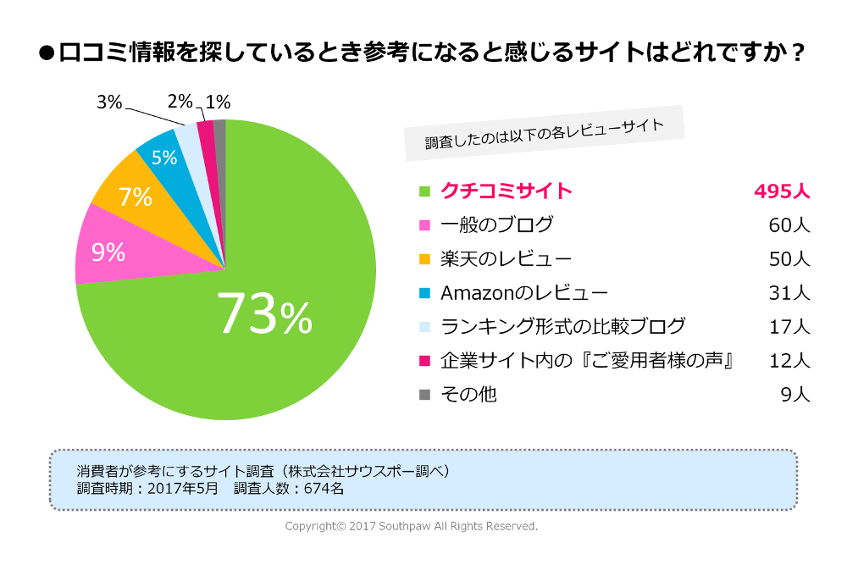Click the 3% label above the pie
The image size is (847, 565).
[109, 102]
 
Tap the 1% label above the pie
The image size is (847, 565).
[218, 102]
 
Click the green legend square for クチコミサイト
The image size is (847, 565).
[425, 191]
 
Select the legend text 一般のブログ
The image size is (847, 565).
[496, 224]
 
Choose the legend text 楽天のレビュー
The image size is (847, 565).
[506, 258]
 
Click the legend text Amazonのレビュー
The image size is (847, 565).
[524, 292]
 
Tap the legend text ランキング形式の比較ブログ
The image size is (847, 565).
[563, 326]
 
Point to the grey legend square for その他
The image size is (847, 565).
[425, 394]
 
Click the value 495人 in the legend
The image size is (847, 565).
[782, 191]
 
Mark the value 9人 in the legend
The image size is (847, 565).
[796, 394]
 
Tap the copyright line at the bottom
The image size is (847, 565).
[412, 527]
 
